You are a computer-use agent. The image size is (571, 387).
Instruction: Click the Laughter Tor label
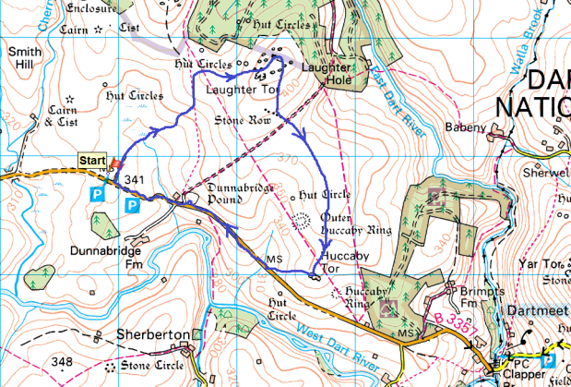pos(242,91)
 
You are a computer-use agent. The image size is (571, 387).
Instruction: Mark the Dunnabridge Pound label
pos(219,193)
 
